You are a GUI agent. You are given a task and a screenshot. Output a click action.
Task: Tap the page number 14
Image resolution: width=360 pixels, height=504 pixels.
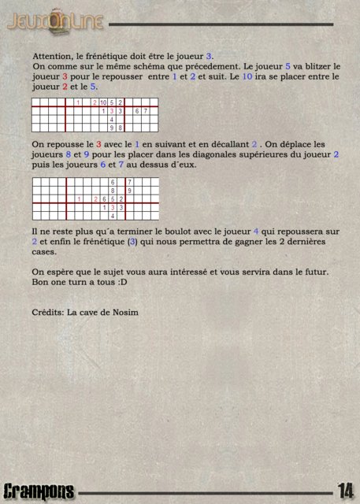point(345,491)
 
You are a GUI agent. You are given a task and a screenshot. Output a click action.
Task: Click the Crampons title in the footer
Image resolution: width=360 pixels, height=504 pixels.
point(39,491)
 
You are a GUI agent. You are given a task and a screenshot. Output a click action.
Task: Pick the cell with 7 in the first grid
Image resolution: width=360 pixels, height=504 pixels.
point(146,111)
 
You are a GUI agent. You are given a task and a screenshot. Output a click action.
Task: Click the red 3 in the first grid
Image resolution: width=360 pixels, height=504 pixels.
point(121,111)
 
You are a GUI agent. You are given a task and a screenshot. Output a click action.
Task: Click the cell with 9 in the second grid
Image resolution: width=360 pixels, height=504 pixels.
point(129,191)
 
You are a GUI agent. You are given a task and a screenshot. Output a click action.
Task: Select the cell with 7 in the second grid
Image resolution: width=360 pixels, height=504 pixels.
point(129,182)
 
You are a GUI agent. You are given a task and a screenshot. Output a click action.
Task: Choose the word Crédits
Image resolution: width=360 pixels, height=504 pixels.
point(48,312)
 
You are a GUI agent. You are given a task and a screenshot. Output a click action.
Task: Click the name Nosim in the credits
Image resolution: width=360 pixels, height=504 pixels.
point(123,312)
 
